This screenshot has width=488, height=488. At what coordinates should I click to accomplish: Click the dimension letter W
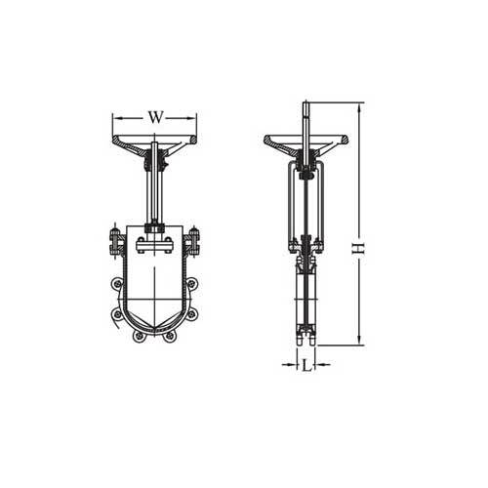(x=154, y=117)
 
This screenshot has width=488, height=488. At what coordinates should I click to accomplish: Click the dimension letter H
(x=358, y=249)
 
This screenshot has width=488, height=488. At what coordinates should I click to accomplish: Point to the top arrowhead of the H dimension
(x=361, y=105)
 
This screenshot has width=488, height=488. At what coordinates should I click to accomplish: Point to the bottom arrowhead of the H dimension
(x=361, y=343)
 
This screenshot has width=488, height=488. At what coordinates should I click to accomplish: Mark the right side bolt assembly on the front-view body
(x=193, y=239)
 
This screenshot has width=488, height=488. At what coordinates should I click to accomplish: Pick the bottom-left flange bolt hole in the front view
(x=140, y=336)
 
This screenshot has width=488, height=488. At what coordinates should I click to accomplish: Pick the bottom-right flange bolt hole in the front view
(x=170, y=336)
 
